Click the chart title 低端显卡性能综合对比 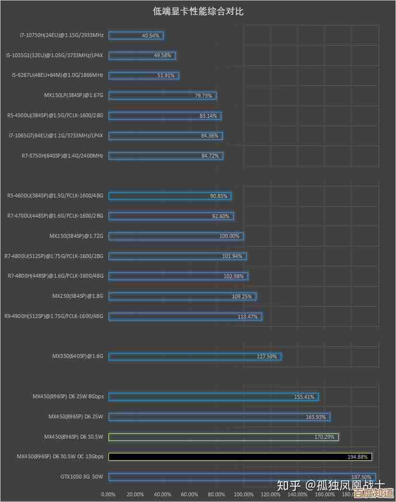tap(198, 12)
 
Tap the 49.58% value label tap(162, 55)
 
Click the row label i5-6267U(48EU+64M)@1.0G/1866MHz tap(57, 75)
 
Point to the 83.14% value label tap(208, 116)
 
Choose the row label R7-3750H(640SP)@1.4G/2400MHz tap(62, 156)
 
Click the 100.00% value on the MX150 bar tap(229, 236)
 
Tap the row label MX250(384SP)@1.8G tap(77, 296)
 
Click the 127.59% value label tap(267, 356)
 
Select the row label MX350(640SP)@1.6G tap(77, 356)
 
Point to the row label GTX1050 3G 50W tap(82, 477)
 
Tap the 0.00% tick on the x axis tap(108, 494)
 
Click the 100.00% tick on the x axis tap(244, 494)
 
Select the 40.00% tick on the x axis tap(163, 494)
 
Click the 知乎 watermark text tap(287, 485)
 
